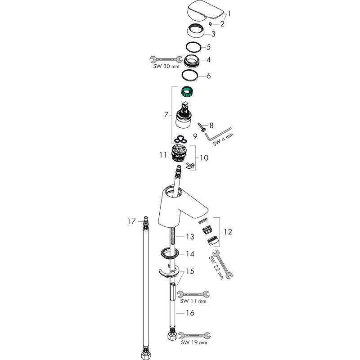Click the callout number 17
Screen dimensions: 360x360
131,221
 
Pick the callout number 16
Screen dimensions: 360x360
190,312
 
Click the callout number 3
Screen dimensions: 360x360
214,33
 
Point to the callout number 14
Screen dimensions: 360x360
190,254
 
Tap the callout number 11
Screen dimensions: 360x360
163,154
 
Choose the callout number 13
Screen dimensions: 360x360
190,236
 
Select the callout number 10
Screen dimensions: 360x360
204,158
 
